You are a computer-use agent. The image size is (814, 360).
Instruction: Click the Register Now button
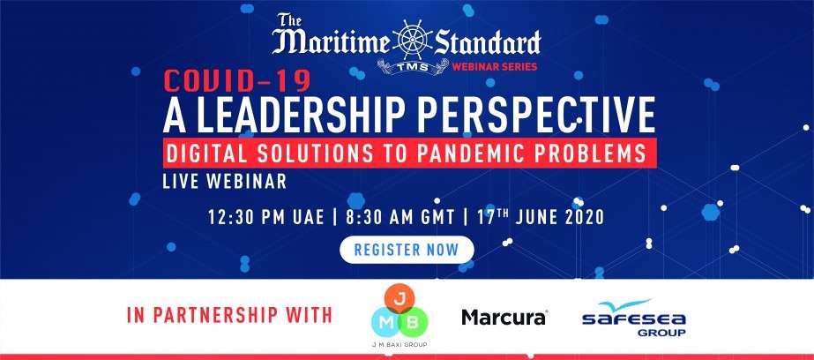(407, 250)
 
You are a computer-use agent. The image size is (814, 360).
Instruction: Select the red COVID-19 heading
(237, 80)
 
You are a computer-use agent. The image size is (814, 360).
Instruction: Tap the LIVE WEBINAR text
(225, 181)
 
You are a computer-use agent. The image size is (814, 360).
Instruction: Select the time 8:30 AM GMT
(400, 217)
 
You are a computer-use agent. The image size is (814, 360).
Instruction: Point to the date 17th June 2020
(541, 217)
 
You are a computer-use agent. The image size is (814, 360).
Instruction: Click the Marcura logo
(504, 317)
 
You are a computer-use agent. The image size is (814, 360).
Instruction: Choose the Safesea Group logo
(634, 318)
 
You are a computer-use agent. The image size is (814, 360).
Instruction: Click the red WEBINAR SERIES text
(494, 67)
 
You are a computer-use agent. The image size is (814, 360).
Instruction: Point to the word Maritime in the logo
(330, 43)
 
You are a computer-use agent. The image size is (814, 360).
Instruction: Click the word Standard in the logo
(488, 42)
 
